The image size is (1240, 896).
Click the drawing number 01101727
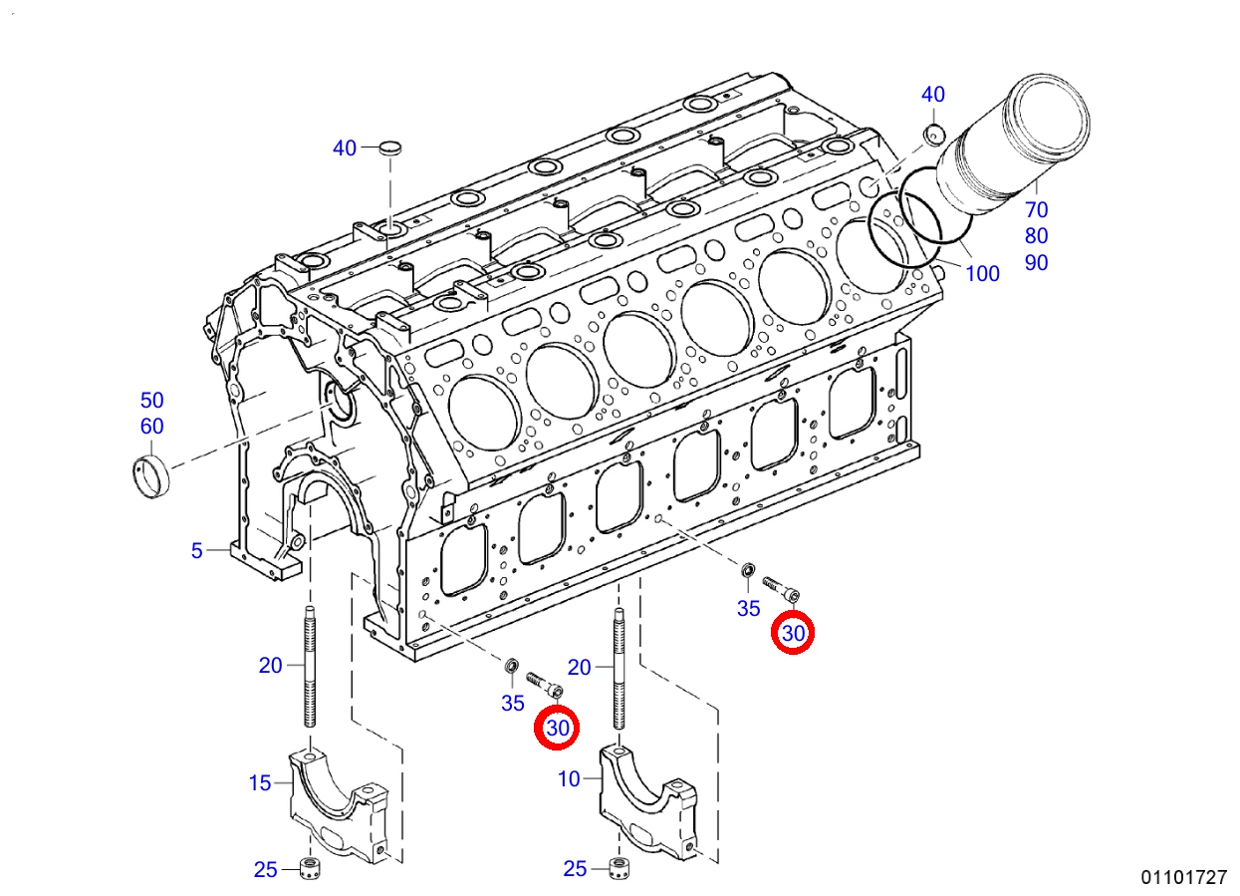tap(1184, 877)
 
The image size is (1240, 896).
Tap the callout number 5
tap(197, 551)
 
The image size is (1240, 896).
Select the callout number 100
tap(983, 274)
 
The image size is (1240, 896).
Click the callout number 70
tap(1037, 210)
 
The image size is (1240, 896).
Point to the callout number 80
tap(1037, 236)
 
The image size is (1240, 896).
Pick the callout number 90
tap(1037, 263)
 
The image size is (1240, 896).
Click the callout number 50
tap(151, 400)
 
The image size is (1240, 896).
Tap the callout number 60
tap(151, 427)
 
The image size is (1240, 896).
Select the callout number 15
tap(260, 783)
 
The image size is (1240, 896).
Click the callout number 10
tap(569, 779)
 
